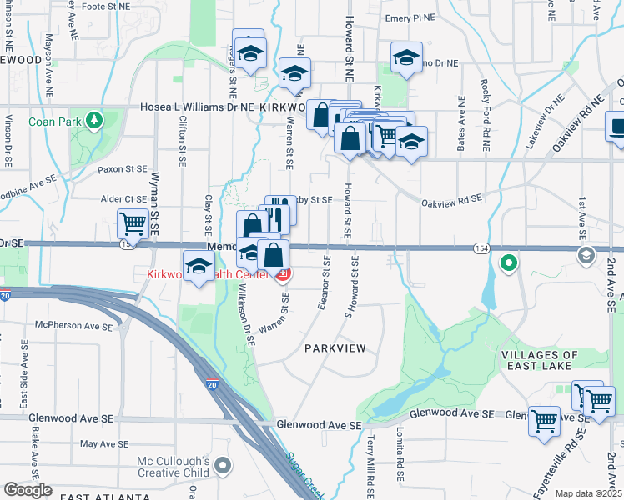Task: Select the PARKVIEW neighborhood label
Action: [335, 347]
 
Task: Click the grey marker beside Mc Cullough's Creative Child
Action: [223, 465]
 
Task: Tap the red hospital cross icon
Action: [284, 274]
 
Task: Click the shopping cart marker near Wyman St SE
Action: [133, 224]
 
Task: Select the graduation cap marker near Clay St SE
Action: [199, 267]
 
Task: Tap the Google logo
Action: [28, 489]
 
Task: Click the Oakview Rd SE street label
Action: [451, 199]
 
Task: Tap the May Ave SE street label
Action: [105, 443]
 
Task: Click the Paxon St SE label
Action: [122, 169]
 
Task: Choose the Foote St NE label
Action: [105, 7]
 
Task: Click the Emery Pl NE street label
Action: [410, 17]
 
